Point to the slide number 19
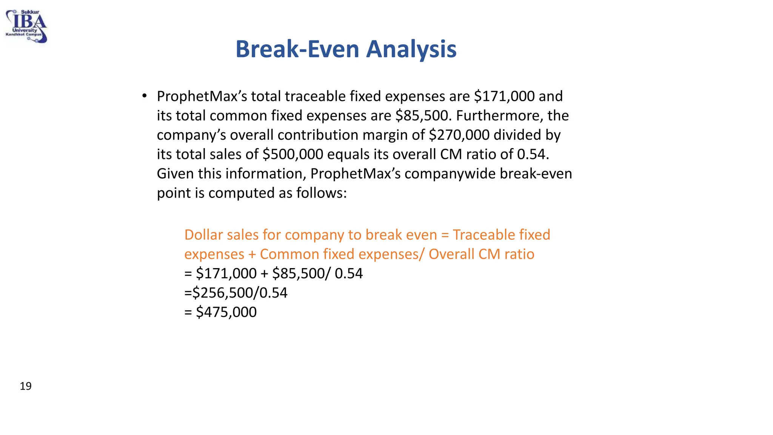(26, 386)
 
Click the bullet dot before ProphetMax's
(144, 96)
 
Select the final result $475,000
(226, 312)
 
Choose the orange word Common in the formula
(289, 254)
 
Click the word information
(265, 174)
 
